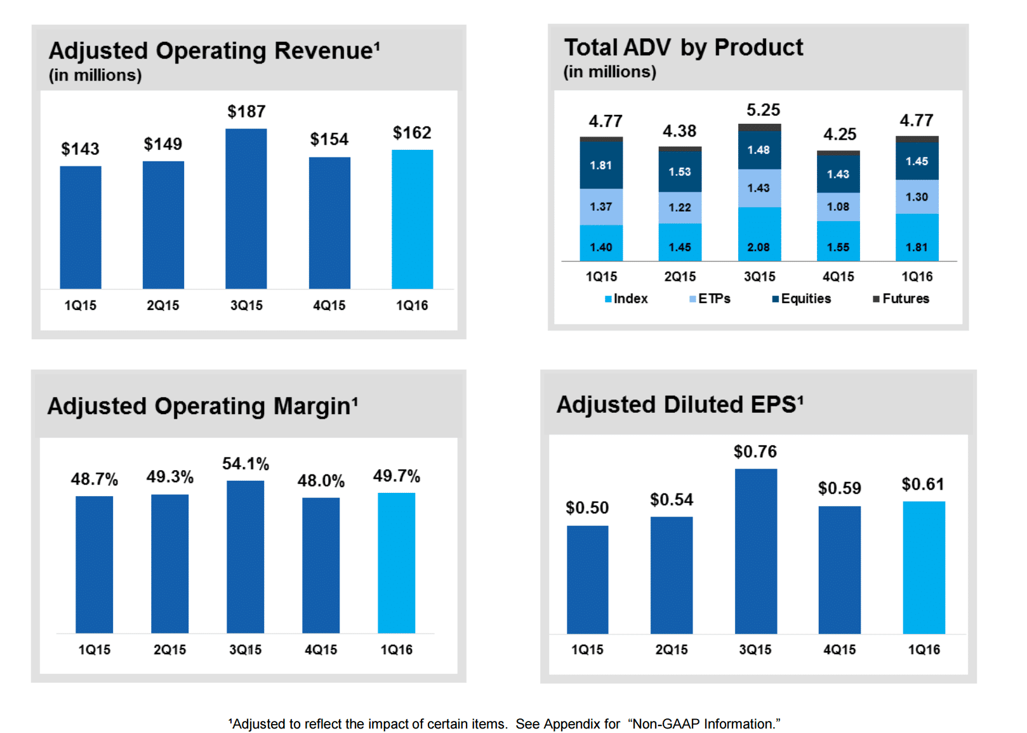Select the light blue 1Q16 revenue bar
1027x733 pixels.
pyautogui.click(x=412, y=219)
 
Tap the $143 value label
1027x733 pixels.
pyautogui.click(x=80, y=149)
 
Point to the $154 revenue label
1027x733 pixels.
pyautogui.click(x=329, y=139)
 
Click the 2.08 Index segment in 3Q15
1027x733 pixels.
pyautogui.click(x=759, y=234)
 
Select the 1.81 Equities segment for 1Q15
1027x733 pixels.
pyautogui.click(x=601, y=165)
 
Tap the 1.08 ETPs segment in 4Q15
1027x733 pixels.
pyautogui.click(x=838, y=206)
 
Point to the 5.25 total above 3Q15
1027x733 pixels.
pyautogui.click(x=763, y=110)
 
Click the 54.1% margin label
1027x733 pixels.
pyautogui.click(x=246, y=464)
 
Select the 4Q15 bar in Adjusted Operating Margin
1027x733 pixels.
pyautogui.click(x=321, y=565)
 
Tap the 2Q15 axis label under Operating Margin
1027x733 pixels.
pyautogui.click(x=169, y=649)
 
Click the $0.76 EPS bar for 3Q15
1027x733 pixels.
pyautogui.click(x=755, y=551)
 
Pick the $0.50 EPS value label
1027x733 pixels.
pyautogui.click(x=587, y=508)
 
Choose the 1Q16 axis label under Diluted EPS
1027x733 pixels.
pyautogui.click(x=924, y=649)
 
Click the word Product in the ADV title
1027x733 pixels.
pyautogui.click(x=759, y=48)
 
